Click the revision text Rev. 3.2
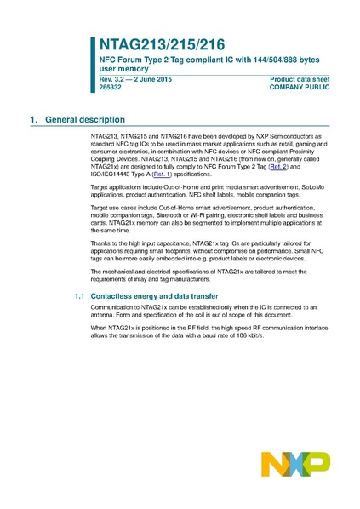(103, 79)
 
